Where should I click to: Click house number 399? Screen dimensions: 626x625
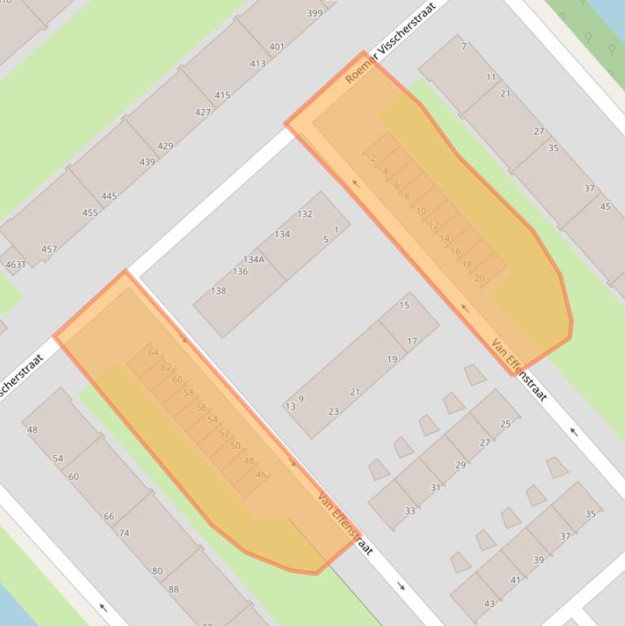314,13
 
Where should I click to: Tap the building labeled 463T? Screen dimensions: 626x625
15,264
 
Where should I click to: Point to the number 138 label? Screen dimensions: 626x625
218,290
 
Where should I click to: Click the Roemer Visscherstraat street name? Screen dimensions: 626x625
390,42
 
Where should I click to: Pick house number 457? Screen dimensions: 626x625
49,249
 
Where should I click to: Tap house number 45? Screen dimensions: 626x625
605,206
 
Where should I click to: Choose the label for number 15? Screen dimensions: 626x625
405,306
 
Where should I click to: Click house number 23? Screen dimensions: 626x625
333,411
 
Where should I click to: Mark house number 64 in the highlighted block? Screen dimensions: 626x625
154,352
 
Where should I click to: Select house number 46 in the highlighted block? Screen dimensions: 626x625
261,474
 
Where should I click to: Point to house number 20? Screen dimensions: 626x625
479,278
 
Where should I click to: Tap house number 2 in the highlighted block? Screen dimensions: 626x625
373,158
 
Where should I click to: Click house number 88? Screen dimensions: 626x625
173,589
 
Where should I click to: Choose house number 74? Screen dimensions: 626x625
124,533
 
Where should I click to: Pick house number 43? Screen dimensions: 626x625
489,603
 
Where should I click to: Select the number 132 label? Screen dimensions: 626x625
305,214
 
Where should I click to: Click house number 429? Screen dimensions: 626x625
165,146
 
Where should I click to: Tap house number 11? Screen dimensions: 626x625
491,77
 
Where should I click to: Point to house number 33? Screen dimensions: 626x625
410,511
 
